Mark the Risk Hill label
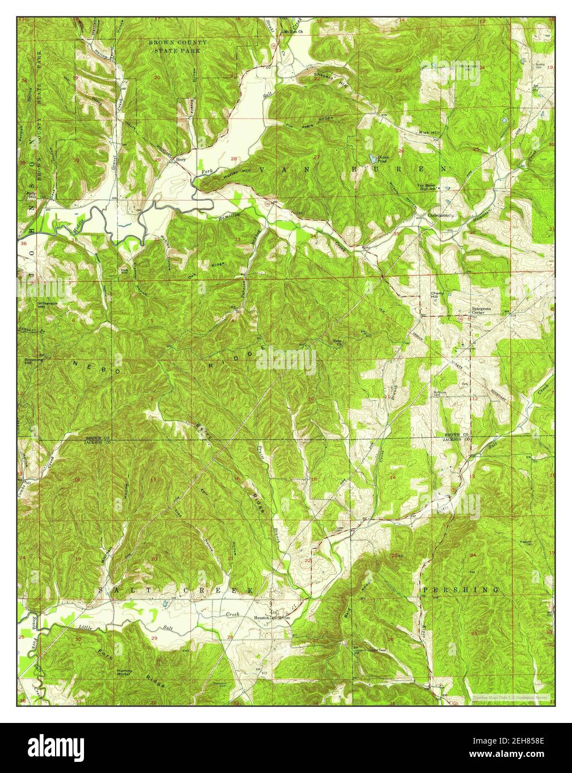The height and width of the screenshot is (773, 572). coord(428,133)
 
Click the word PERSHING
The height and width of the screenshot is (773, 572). coord(460,589)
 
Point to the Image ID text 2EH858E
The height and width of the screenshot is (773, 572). coord(515,742)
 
